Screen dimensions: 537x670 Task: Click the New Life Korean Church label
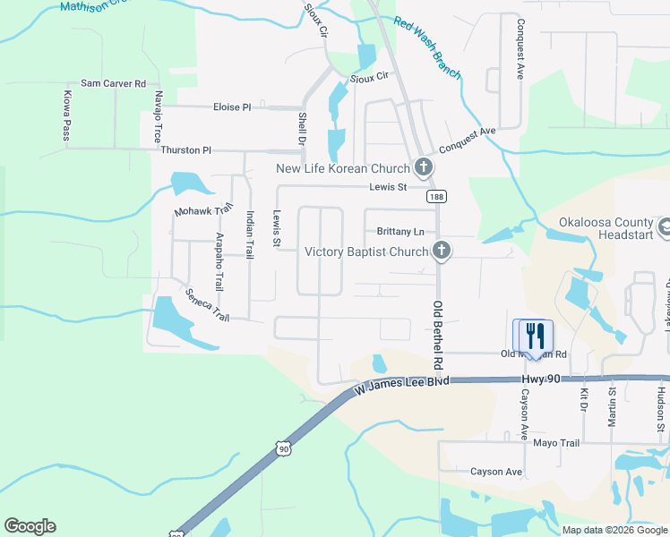coord(341,168)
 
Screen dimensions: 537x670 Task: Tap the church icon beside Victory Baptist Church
coord(441,251)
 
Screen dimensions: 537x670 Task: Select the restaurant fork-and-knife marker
coord(536,337)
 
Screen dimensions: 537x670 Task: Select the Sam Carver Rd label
coord(113,83)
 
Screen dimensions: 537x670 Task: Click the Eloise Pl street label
coord(232,107)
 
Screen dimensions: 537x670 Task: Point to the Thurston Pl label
coord(185,150)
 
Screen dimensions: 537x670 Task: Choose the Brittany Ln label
coord(399,230)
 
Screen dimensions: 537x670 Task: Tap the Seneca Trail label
coord(208,305)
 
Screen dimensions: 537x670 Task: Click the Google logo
coord(30,526)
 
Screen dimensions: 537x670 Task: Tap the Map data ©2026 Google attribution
coord(614,530)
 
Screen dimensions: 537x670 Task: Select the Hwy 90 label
coord(541,380)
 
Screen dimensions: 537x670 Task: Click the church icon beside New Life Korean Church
coord(423,167)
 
